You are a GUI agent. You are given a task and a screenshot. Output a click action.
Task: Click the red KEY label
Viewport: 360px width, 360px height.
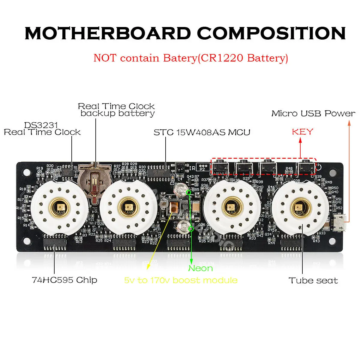[x=302, y=132]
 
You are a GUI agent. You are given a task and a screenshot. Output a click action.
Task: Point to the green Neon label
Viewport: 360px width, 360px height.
[x=200, y=268]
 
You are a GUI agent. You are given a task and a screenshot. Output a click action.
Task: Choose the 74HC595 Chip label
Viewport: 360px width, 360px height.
[x=64, y=280]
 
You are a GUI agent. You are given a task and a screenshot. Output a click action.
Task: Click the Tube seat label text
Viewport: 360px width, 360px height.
[x=313, y=280]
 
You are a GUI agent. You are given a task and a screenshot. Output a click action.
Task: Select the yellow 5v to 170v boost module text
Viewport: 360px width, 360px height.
[x=181, y=280]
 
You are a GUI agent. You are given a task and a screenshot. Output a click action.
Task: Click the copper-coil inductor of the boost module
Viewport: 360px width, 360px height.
[x=173, y=207]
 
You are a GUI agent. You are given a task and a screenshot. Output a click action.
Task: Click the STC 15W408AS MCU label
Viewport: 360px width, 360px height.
[x=202, y=132]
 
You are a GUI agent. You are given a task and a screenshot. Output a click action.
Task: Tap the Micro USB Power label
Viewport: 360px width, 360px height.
[x=313, y=113]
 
